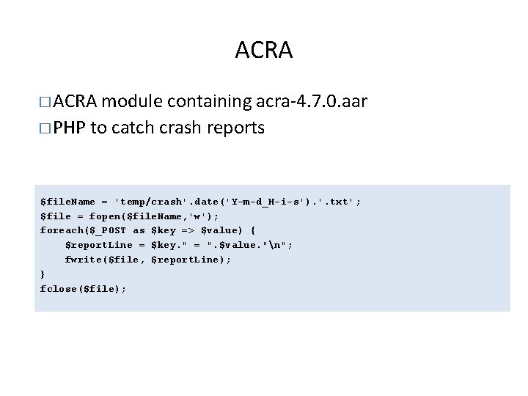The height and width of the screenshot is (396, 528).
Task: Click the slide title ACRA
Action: tap(263, 51)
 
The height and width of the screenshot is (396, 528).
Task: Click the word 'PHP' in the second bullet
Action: tap(70, 128)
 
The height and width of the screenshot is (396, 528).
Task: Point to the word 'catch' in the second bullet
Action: tap(136, 128)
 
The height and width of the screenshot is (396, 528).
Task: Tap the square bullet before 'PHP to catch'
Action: tap(45, 128)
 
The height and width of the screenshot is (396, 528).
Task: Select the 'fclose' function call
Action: tap(56, 289)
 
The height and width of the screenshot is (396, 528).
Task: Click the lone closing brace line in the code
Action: tap(43, 274)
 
